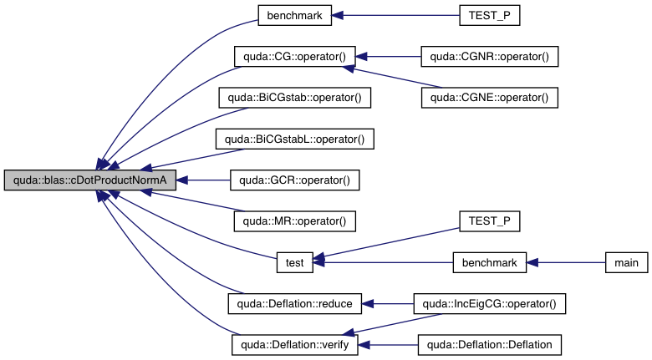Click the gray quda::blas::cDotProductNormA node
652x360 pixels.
pyautogui.click(x=90, y=180)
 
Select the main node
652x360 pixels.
pyautogui.click(x=626, y=262)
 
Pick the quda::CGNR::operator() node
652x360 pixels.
pyautogui.click(x=489, y=57)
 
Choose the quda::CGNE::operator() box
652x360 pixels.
pyautogui.click(x=489, y=98)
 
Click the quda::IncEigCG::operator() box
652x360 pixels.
pyautogui.click(x=489, y=303)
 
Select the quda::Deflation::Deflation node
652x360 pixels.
pyautogui.click(x=489, y=344)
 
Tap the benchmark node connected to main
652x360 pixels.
pyautogui.click(x=489, y=262)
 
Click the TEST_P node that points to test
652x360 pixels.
pyautogui.click(x=489, y=221)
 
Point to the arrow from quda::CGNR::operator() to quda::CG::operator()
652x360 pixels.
pyautogui.click(x=389, y=57)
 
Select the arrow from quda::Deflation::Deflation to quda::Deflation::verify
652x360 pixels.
pyautogui.click(x=389, y=344)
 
